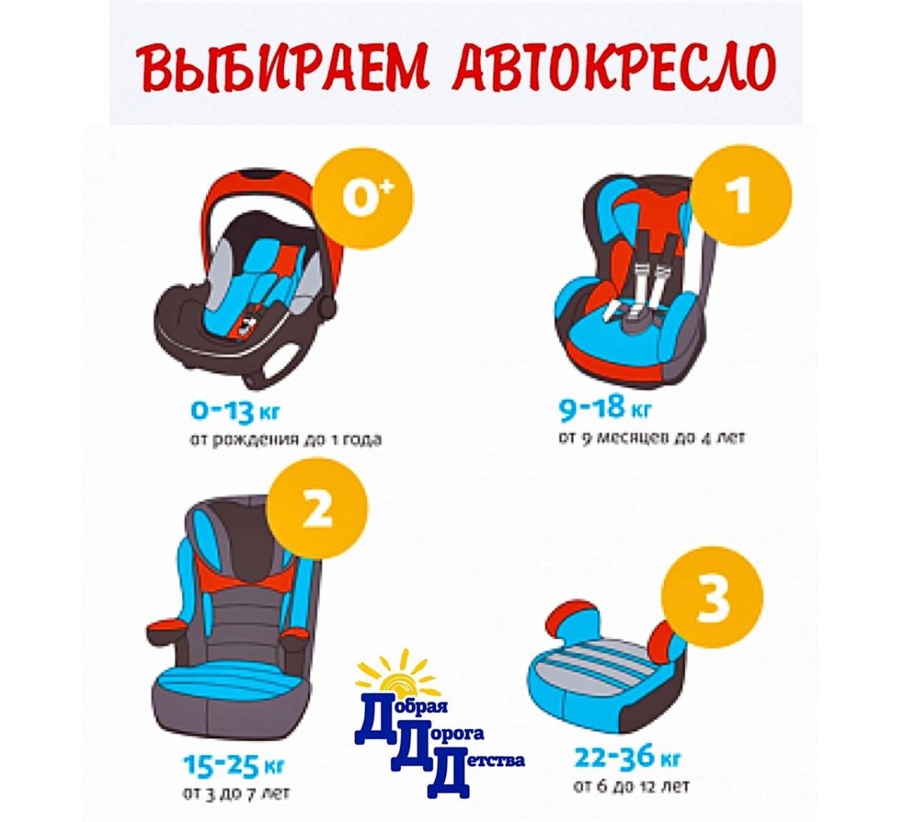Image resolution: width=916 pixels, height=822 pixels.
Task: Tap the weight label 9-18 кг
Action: click(x=605, y=409)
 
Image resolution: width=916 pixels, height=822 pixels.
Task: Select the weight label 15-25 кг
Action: click(x=226, y=763)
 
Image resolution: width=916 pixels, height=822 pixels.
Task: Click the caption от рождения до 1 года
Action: click(x=285, y=440)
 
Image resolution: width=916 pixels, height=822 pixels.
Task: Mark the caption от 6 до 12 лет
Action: click(x=631, y=785)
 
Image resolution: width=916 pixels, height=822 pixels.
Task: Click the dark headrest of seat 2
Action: click(x=242, y=534)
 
